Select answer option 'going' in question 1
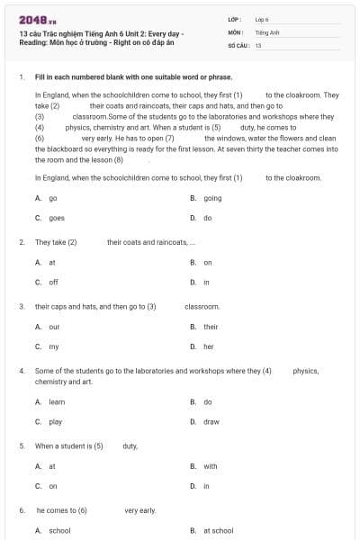click(x=212, y=198)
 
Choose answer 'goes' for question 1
click(x=56, y=218)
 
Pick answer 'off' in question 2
click(x=53, y=282)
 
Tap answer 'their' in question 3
click(x=211, y=327)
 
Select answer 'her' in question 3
click(x=209, y=346)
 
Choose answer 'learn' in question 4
click(x=57, y=401)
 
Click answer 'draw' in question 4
click(x=211, y=421)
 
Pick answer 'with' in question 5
click(x=211, y=466)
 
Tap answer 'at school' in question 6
click(x=218, y=531)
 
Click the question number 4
click(x=21, y=371)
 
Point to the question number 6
click(x=21, y=510)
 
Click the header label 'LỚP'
click(x=234, y=19)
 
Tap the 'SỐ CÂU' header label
click(x=238, y=44)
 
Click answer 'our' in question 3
click(x=54, y=327)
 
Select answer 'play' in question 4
click(x=55, y=421)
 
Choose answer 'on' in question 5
click(x=52, y=486)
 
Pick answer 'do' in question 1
click(x=208, y=218)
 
